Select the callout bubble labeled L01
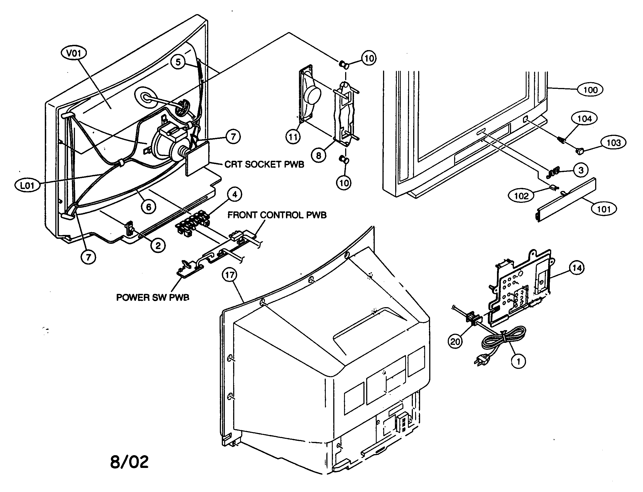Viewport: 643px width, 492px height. [x=27, y=186]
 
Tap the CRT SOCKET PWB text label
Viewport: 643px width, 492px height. [x=264, y=164]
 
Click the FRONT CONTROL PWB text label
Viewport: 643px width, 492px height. [x=277, y=215]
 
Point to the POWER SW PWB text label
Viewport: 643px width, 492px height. [x=152, y=297]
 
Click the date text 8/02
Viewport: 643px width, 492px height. [x=129, y=462]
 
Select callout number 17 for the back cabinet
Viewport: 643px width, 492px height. [x=230, y=275]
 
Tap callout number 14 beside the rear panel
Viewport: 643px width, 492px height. [x=577, y=268]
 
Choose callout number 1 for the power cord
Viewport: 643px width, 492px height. [x=518, y=362]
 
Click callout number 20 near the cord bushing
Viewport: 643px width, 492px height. [x=455, y=341]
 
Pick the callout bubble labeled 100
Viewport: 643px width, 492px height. [x=590, y=90]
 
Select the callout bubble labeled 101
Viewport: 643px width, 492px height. [x=603, y=209]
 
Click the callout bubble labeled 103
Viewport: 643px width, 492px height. [x=614, y=143]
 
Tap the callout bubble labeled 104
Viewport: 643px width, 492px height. [x=584, y=119]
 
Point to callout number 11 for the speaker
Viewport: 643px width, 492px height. [x=293, y=137]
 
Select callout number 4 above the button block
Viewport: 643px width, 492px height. [x=235, y=195]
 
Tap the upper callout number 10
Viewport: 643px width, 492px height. [x=369, y=58]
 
